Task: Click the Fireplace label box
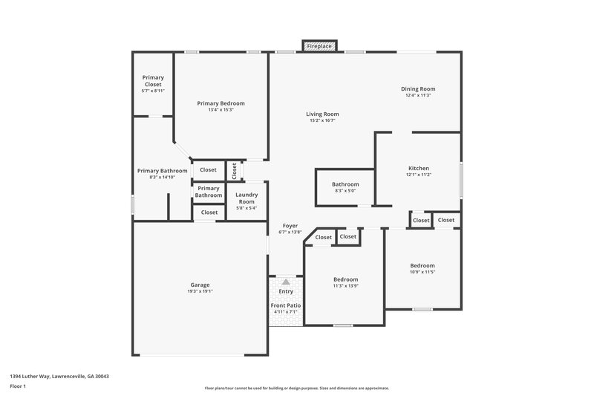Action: point(320,46)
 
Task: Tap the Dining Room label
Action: point(418,89)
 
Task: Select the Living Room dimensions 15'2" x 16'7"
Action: point(322,120)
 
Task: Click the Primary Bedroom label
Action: point(221,103)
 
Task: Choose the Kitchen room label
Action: point(419,168)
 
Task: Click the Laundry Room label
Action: point(246,198)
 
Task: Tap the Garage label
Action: point(200,285)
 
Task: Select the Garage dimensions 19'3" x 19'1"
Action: point(200,291)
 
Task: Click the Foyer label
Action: point(289,226)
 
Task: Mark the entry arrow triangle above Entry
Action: point(286,282)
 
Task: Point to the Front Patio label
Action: point(286,305)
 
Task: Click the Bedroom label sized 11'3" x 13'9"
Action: point(345,279)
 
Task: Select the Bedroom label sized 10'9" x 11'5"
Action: point(422,265)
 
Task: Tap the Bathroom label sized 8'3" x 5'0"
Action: point(345,184)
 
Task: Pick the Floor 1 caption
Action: point(18,387)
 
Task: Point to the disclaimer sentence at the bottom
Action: point(297,388)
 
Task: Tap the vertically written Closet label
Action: point(234,170)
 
